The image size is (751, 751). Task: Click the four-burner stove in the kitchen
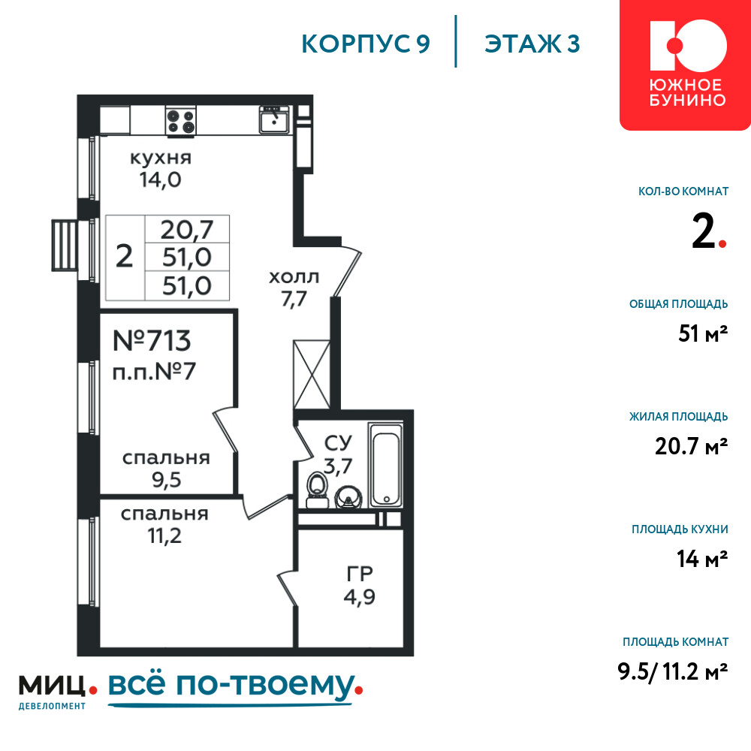[x=180, y=121]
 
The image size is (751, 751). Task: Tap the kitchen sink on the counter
[x=274, y=119]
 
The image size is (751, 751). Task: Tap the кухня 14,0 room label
[x=161, y=169]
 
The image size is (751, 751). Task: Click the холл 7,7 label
[x=294, y=288]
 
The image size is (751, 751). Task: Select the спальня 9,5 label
[x=166, y=469]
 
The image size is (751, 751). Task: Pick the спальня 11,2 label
[x=164, y=524]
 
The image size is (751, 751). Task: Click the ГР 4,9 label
[x=359, y=586]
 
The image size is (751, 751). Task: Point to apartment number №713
[x=152, y=340]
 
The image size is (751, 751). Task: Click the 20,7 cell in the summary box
[x=187, y=229]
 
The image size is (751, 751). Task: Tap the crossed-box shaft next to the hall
[x=312, y=375]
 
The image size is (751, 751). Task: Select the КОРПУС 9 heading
[x=366, y=44]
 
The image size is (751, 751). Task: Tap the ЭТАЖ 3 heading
[x=532, y=44]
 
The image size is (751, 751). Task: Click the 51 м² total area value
[x=703, y=333]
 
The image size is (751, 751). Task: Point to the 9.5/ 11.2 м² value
[x=673, y=671]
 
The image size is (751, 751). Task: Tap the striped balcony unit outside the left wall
[x=65, y=246]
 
